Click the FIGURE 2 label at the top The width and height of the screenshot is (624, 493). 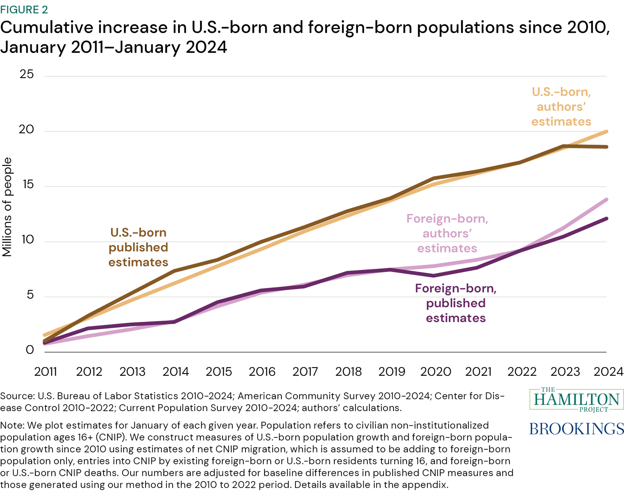coord(24,9)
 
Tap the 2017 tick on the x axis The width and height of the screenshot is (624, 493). coord(305,371)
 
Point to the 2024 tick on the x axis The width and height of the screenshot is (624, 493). coord(608,371)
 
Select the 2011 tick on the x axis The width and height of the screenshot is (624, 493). coord(46,371)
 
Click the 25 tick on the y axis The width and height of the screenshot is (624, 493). coord(27,74)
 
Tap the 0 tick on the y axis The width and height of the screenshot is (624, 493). coord(30,350)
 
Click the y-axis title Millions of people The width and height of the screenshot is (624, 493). coord(7,207)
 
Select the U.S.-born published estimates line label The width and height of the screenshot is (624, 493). coord(138,247)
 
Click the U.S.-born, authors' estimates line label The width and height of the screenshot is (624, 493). coord(561,107)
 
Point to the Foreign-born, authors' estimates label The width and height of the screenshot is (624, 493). coord(447,233)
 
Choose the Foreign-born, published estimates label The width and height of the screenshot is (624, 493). coord(456,303)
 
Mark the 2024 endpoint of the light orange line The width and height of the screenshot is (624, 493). coord(607,132)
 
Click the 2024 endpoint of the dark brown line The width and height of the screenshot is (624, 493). coord(607,147)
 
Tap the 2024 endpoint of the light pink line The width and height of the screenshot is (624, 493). coord(607,200)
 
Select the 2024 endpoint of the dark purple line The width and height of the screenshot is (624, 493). coord(607,219)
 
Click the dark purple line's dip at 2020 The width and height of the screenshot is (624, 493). coord(434,275)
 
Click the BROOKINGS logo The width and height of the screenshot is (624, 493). coord(576,429)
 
